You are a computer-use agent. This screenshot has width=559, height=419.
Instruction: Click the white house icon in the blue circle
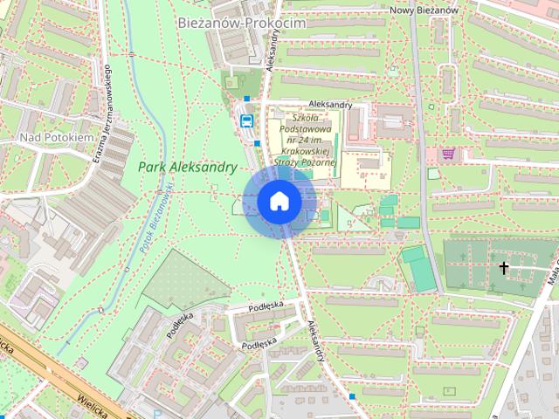click(x=279, y=202)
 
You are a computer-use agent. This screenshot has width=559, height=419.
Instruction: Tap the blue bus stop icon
click(x=246, y=121)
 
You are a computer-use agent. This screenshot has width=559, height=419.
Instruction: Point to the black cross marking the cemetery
click(x=504, y=267)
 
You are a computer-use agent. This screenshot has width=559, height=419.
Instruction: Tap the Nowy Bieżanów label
click(x=424, y=9)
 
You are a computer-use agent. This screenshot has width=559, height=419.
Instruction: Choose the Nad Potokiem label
click(x=56, y=138)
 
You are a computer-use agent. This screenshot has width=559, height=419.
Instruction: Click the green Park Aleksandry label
click(x=187, y=166)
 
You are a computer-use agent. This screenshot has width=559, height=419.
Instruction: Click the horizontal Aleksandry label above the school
click(x=315, y=105)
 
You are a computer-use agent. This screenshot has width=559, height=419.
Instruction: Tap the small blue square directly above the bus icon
click(x=247, y=99)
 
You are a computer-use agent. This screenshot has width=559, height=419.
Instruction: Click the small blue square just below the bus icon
click(x=259, y=144)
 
